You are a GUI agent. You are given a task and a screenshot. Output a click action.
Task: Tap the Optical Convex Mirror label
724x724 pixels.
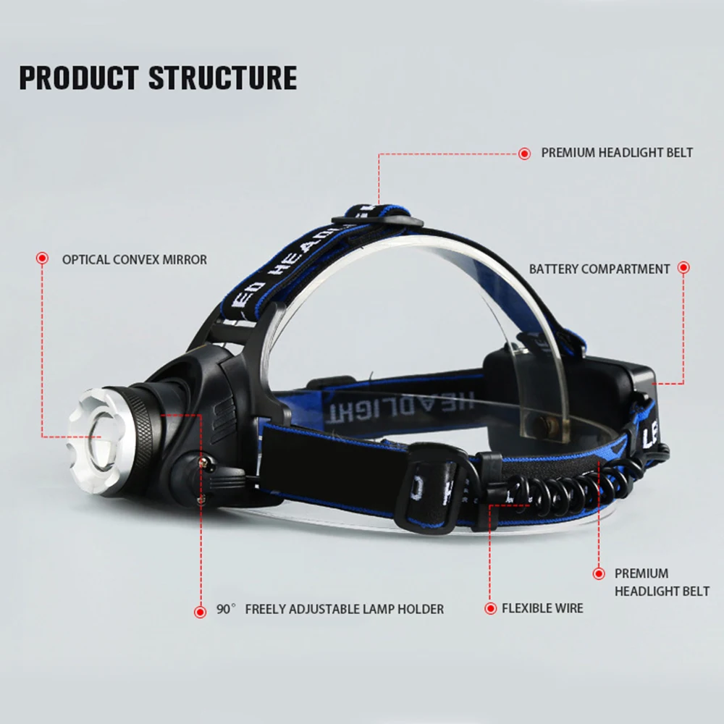[x=135, y=259]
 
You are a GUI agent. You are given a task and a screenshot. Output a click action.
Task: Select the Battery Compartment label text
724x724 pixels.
[x=599, y=269]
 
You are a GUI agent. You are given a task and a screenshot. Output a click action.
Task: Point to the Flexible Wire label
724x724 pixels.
[x=542, y=608]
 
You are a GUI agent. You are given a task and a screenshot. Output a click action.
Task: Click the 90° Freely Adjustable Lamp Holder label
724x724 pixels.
[x=330, y=609]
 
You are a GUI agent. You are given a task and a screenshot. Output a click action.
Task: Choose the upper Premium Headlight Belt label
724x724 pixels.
[x=617, y=153]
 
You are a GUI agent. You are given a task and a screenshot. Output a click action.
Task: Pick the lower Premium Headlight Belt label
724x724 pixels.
[x=662, y=582]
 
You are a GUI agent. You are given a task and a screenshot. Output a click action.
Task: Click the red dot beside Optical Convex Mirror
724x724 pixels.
[x=42, y=258]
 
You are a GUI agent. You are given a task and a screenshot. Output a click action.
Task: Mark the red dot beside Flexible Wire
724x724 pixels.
[x=489, y=608]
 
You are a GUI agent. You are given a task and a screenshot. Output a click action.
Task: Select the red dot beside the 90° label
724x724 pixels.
[x=201, y=612]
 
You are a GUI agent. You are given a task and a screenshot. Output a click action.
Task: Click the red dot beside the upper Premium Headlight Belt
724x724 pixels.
[x=524, y=153]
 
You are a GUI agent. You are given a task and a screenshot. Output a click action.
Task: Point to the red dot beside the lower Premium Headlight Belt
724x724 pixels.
[x=599, y=573]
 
